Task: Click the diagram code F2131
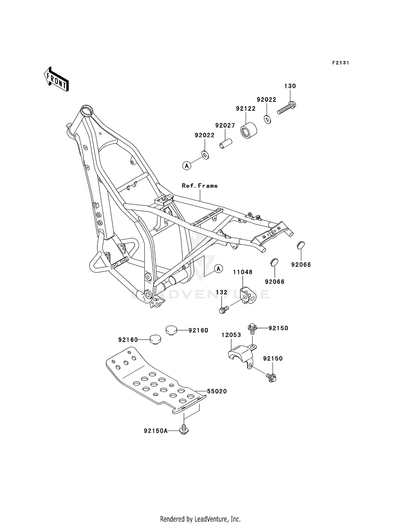coord(341,63)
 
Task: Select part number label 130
coord(290,86)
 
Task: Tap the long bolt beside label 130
coord(287,108)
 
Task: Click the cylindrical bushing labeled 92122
coord(249,131)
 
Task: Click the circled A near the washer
coord(187,166)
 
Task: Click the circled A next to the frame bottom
coord(218,269)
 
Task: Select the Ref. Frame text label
coord(200,186)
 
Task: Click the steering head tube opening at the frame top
coord(87,110)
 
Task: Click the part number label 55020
coord(217,391)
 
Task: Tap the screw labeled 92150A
coord(184,430)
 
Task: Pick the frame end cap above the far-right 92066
coord(301,245)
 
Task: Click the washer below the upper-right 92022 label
coord(268,119)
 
